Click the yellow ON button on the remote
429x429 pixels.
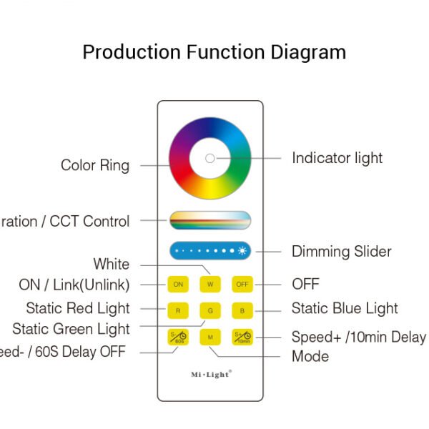[178, 285]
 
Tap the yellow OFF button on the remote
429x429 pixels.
[242, 285]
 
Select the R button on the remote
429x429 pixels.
[178, 311]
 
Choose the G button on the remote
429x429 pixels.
[210, 311]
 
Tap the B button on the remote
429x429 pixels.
[242, 311]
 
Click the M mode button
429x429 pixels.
[210, 337]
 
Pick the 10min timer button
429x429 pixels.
[242, 337]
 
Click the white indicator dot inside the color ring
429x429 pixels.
[209, 158]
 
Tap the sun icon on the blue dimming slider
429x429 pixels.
[242, 252]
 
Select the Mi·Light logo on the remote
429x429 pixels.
[210, 374]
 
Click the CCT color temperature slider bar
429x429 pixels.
[210, 220]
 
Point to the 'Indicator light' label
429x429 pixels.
[337, 158]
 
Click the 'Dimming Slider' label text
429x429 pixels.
[341, 252]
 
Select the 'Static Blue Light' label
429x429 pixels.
[345, 309]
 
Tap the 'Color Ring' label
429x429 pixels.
[95, 166]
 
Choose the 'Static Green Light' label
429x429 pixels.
[71, 330]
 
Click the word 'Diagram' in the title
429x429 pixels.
[308, 52]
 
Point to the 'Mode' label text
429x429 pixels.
[310, 356]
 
